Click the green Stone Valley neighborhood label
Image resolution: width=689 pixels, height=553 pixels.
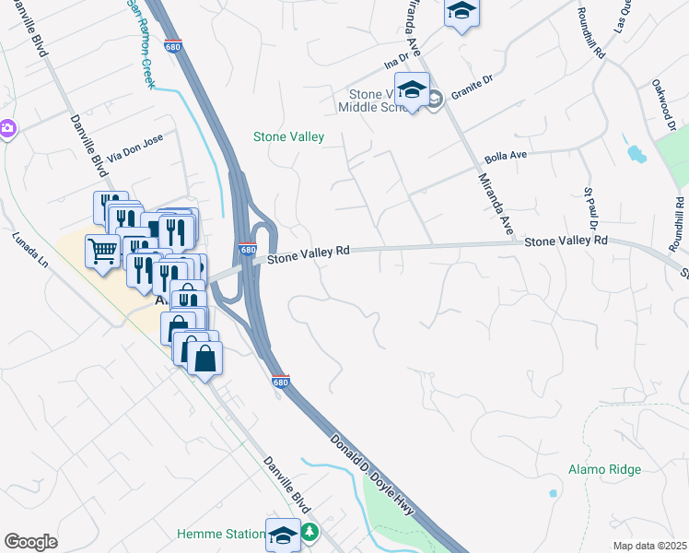pos(288,137)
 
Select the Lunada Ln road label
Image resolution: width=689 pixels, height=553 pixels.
pos(29,249)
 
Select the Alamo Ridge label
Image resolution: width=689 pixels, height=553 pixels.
pos(604,469)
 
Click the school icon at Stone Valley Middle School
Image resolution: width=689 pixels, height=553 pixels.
pos(413,90)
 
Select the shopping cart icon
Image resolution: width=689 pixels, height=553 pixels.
pos(102,248)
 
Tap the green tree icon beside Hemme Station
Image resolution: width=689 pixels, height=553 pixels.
pos(310,532)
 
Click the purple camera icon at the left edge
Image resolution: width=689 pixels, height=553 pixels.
pos(6,127)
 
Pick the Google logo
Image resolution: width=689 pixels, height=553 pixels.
pos(30,541)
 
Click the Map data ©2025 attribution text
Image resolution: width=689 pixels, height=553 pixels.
pos(649,546)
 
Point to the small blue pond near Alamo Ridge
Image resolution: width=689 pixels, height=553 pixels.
pos(553,493)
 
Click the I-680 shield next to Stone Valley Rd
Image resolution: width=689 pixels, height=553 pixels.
pos(247,250)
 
